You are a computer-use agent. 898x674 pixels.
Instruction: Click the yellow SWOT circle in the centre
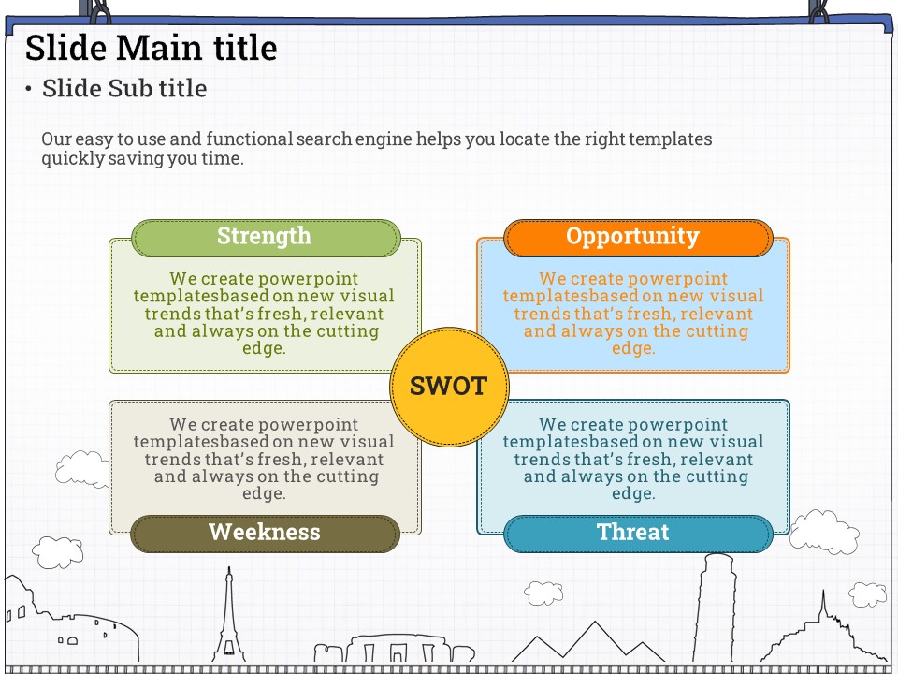[x=449, y=387]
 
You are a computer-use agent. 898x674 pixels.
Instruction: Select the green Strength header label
[x=266, y=237]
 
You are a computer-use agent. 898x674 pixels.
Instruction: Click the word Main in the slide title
[x=161, y=48]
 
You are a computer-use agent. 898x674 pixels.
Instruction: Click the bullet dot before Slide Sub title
[x=28, y=89]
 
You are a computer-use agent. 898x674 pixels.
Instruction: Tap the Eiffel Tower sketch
[x=228, y=619]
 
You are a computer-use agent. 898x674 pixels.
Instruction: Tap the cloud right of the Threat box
[x=823, y=533]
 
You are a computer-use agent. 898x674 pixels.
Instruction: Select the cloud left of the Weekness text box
[x=82, y=469]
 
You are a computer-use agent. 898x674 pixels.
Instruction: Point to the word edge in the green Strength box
[x=264, y=348]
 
